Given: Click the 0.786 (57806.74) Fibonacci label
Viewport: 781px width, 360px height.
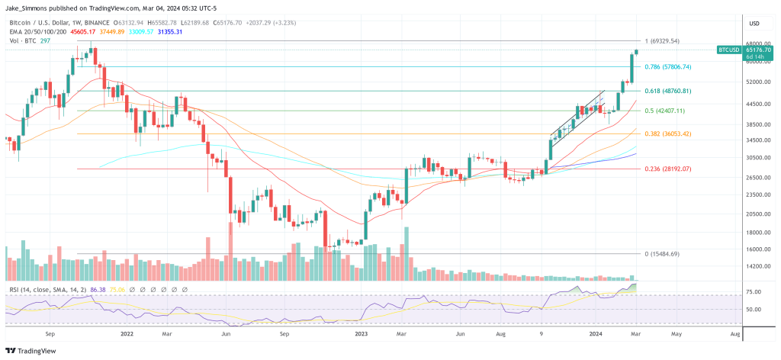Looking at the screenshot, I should click(x=668, y=67).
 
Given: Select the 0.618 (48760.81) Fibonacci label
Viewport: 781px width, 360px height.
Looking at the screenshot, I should click(x=668, y=91).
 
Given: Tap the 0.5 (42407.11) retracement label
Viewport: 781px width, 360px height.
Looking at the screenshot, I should click(x=664, y=111).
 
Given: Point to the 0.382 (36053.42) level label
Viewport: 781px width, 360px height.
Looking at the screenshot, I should click(x=668, y=134).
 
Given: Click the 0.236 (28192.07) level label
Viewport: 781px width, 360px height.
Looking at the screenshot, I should click(x=668, y=169).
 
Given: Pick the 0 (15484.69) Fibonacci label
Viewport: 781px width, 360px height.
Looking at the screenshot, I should click(x=662, y=253).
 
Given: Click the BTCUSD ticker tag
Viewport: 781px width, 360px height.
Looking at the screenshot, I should click(x=729, y=50).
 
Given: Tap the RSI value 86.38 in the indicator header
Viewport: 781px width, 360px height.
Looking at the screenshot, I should click(x=97, y=291).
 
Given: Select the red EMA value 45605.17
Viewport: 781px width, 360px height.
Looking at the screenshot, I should click(x=82, y=32).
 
